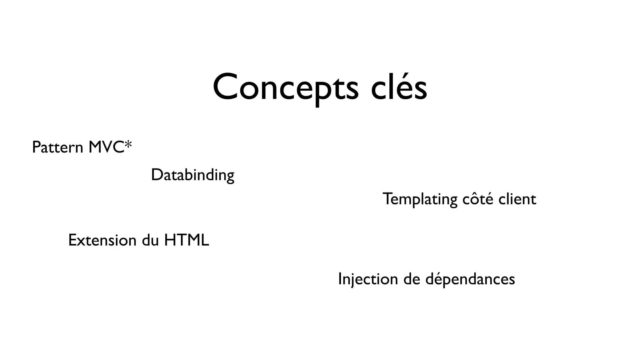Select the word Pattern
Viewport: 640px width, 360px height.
coord(57,147)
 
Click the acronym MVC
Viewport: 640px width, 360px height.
coord(106,147)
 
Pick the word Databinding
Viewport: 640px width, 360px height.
coord(192,175)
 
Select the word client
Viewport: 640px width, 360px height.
coord(517,199)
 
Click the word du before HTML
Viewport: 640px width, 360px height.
coord(150,240)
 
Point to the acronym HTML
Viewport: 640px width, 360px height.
coord(187,240)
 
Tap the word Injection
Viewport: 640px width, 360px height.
coord(368,279)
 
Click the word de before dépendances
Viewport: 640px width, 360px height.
coord(412,279)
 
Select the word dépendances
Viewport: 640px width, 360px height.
coord(470,279)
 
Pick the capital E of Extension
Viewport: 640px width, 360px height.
coord(72,240)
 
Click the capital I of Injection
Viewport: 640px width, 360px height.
coord(340,279)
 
